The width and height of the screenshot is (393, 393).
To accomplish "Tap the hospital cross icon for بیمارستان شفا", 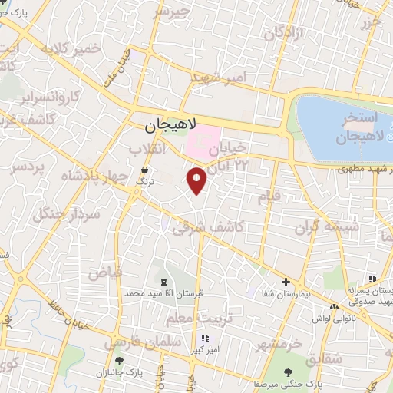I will [x=286, y=282].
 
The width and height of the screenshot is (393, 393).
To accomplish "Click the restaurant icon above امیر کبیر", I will [x=204, y=338].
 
